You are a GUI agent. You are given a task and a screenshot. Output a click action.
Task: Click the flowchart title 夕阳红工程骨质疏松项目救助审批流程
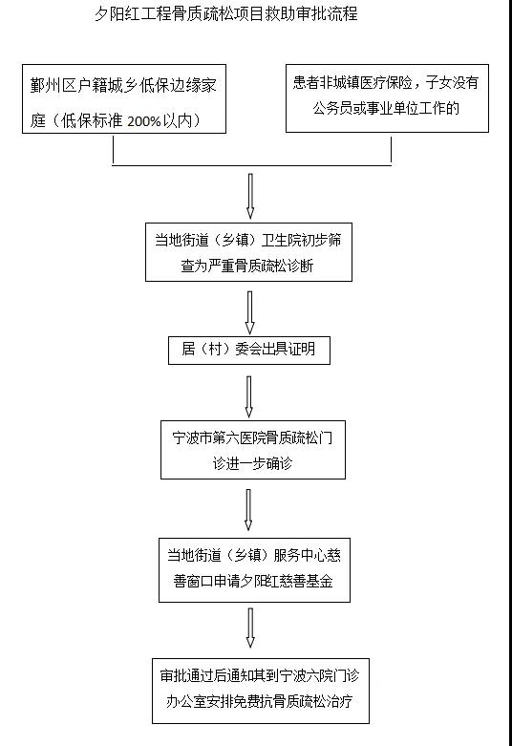point(226,13)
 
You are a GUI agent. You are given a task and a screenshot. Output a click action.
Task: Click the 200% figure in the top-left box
point(144,121)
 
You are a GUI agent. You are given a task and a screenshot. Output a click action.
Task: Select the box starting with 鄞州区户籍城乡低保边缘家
point(124,99)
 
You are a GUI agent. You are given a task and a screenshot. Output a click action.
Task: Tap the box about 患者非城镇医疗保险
point(387,98)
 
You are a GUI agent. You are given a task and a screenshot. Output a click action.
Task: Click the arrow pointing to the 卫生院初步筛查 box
point(250,196)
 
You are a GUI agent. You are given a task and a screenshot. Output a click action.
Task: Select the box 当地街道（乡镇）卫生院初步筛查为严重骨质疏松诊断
point(249,252)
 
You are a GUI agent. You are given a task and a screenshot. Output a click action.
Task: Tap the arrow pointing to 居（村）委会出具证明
point(249,312)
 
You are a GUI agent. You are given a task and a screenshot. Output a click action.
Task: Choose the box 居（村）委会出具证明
point(249,351)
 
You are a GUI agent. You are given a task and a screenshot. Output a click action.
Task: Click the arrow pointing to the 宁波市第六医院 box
point(249,397)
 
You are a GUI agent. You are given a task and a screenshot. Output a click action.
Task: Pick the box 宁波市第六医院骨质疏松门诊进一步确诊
point(253,450)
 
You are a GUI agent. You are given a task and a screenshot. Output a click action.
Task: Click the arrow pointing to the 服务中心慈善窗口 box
point(248,509)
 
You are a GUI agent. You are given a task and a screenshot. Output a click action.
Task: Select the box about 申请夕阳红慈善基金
point(255,570)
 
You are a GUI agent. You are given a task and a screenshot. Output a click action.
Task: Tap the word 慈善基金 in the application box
point(307,581)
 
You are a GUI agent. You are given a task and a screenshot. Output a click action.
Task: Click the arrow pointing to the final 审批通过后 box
point(250,628)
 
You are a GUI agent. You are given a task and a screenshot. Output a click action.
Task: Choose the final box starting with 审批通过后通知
point(261,691)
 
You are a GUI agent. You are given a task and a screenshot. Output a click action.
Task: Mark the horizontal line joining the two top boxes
point(252,165)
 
